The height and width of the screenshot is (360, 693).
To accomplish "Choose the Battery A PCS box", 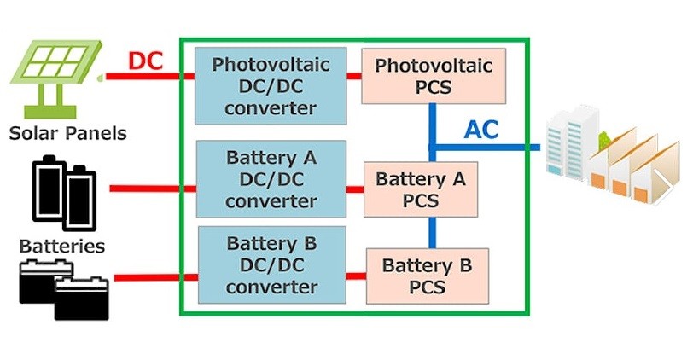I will coord(420,189).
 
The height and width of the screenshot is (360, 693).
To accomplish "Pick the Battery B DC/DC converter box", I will coord(272,264).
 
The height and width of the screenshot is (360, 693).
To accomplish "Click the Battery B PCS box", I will coord(427,276).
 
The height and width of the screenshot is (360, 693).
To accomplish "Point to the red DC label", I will coord(145,61).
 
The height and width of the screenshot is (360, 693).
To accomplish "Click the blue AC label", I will coord(481,130).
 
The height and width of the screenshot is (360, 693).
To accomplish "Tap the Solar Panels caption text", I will coord(68,133).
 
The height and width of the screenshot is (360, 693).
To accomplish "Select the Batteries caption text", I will coord(62,247).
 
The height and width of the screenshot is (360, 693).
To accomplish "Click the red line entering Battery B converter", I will coord(155,277).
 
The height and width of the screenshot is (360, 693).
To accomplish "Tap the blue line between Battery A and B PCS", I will coord(432,231).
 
